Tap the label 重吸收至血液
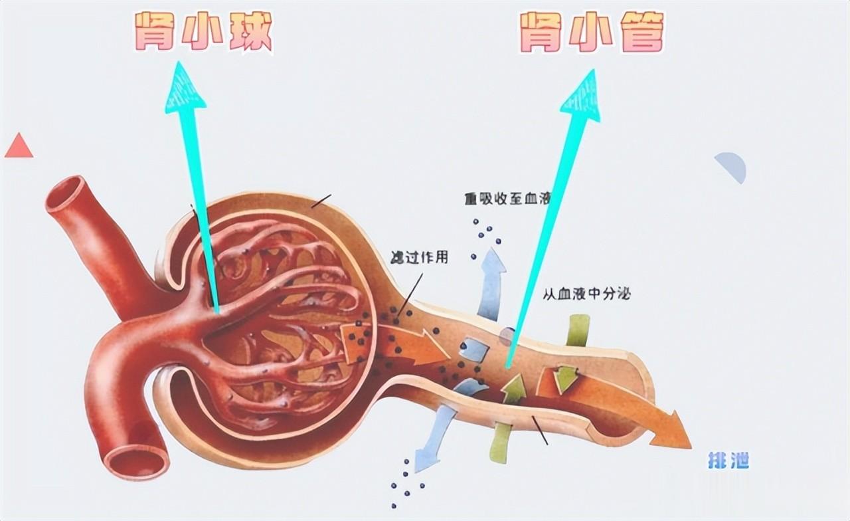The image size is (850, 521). pyautogui.click(x=508, y=198)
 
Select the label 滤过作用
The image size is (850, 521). pyautogui.click(x=420, y=258)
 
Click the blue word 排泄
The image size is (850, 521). pyautogui.click(x=728, y=460)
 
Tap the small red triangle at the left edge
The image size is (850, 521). pyautogui.click(x=19, y=146)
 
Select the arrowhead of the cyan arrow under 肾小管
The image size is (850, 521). pyautogui.click(x=583, y=96)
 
